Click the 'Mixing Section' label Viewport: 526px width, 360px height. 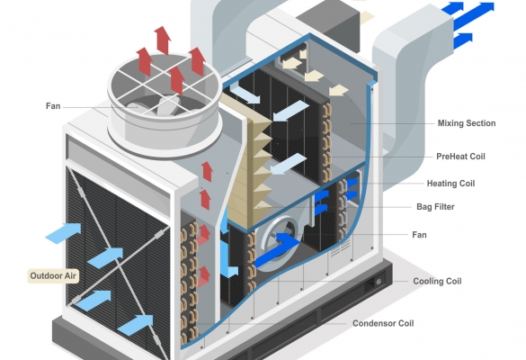[467, 123]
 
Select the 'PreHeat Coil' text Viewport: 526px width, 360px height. [460, 157]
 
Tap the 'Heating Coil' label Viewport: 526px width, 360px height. [450, 184]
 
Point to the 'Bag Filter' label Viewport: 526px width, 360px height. [435, 206]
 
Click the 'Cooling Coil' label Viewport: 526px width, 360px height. [437, 281]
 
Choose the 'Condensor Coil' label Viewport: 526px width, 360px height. [383, 323]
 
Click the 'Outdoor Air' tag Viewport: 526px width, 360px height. [53, 276]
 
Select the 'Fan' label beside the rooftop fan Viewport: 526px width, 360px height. [53, 106]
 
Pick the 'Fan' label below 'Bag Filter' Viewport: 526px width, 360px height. [419, 235]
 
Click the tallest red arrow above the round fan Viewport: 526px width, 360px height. [163, 40]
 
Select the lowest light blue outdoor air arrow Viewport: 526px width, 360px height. [135, 325]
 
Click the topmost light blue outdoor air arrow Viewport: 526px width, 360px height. [64, 232]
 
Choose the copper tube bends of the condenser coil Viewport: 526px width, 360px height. [189, 281]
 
